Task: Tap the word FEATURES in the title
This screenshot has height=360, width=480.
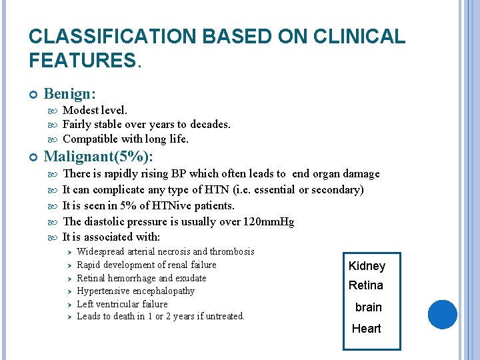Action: [x=81, y=61]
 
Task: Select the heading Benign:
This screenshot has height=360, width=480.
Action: [x=69, y=94]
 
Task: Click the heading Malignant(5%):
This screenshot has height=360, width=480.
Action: [x=98, y=157]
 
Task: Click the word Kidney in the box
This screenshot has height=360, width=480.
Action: [x=367, y=266]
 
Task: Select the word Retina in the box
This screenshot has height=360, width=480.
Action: [x=366, y=285]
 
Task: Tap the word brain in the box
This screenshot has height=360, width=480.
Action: [x=368, y=307]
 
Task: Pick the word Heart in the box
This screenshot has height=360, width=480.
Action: [x=367, y=328]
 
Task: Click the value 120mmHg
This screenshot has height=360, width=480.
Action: [x=265, y=222]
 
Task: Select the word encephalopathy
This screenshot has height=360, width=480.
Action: [x=161, y=291]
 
